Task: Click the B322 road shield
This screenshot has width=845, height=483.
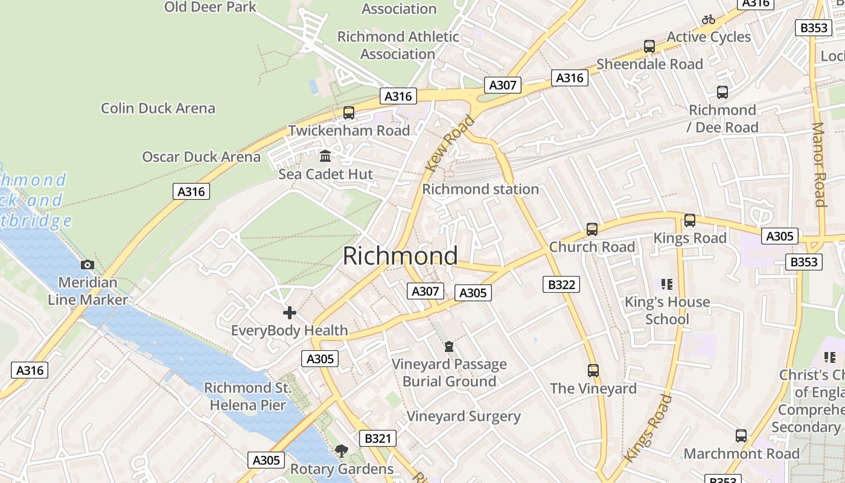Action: [561, 284]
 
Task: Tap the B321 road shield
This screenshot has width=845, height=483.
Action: [378, 438]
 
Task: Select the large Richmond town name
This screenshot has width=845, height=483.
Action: [400, 256]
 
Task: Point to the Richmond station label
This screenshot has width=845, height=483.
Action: [480, 189]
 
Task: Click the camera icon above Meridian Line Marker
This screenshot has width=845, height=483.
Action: [88, 264]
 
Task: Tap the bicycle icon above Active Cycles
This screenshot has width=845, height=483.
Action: [709, 19]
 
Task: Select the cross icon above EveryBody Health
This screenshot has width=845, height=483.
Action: [290, 313]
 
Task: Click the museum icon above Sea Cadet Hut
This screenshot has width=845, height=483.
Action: [326, 156]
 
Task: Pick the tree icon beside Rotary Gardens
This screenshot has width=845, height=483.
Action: [341, 450]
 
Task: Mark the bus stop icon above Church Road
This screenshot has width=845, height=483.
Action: [592, 229]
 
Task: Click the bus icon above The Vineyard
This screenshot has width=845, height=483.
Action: [593, 371]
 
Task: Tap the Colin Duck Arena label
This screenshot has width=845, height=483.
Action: [158, 108]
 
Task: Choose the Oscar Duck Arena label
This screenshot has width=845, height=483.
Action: [201, 157]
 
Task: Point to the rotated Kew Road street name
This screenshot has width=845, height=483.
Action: [450, 144]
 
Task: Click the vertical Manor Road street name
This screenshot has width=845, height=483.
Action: [819, 164]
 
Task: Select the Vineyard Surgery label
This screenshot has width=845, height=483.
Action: [463, 416]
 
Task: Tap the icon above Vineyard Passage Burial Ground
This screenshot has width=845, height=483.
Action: [448, 347]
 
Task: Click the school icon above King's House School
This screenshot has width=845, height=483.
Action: [667, 284]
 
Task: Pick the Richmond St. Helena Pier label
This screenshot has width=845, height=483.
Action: [247, 396]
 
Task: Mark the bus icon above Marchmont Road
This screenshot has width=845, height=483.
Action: [741, 436]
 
